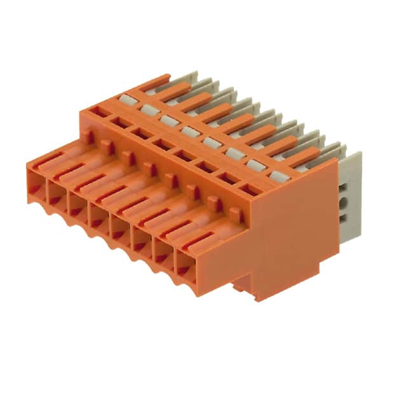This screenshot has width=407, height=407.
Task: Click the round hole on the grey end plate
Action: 344,203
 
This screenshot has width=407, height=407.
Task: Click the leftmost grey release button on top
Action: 127,99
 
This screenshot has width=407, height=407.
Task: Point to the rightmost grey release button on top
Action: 279,175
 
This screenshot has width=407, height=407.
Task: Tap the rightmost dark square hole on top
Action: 250,188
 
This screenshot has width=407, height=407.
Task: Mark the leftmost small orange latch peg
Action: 88,135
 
